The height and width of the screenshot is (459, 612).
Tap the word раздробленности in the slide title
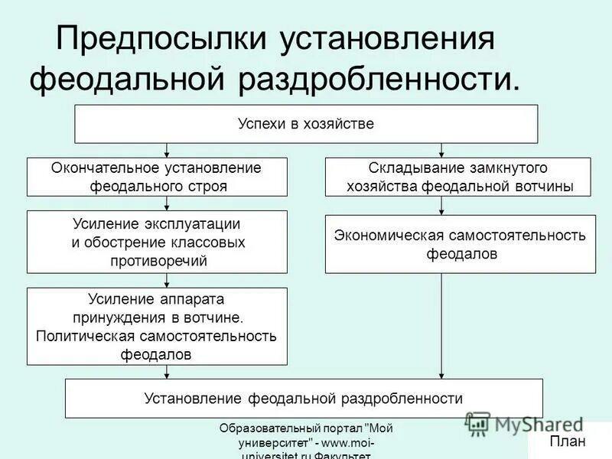376,79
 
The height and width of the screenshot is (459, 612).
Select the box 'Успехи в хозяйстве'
306,124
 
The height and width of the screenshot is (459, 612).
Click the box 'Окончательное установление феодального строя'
157,177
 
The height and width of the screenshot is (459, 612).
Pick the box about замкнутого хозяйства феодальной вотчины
459,177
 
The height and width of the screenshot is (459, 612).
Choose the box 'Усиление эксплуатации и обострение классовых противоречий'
157,242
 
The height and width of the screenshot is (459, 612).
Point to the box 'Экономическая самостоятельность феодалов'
460,244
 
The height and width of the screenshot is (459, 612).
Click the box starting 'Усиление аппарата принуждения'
157,326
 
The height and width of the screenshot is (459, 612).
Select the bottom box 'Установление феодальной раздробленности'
304,398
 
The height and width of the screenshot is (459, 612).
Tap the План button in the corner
567,441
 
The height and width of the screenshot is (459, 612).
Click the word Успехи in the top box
260,124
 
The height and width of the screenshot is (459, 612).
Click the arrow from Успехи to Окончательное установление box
167,150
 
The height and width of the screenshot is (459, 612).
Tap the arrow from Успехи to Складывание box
442,150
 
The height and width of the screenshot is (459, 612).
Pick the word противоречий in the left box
157,260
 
